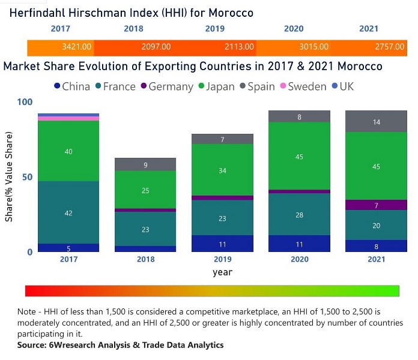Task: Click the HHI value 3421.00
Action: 77,46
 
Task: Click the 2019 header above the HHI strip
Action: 215,29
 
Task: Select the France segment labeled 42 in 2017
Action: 68,212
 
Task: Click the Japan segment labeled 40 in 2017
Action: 68,152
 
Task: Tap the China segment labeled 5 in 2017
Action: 68,248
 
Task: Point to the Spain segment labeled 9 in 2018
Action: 145,164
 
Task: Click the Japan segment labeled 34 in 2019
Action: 222,170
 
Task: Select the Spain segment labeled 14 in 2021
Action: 376,122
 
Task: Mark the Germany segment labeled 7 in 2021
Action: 376,205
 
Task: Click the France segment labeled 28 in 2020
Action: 299,214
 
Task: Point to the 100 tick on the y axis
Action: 24,103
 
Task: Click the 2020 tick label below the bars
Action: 299,259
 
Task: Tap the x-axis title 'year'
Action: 222,272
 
